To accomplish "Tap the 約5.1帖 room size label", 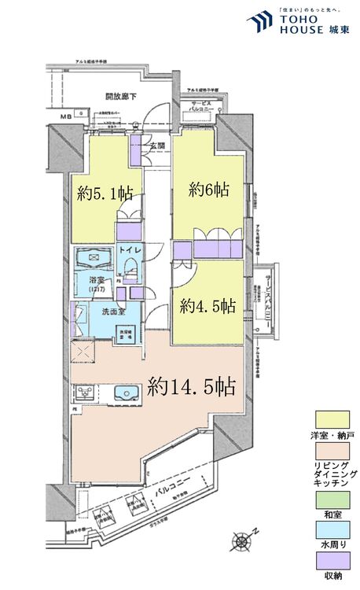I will (x=105, y=194).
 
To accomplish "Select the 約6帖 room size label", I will (x=208, y=190).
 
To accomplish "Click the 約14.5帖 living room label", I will (x=192, y=386).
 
